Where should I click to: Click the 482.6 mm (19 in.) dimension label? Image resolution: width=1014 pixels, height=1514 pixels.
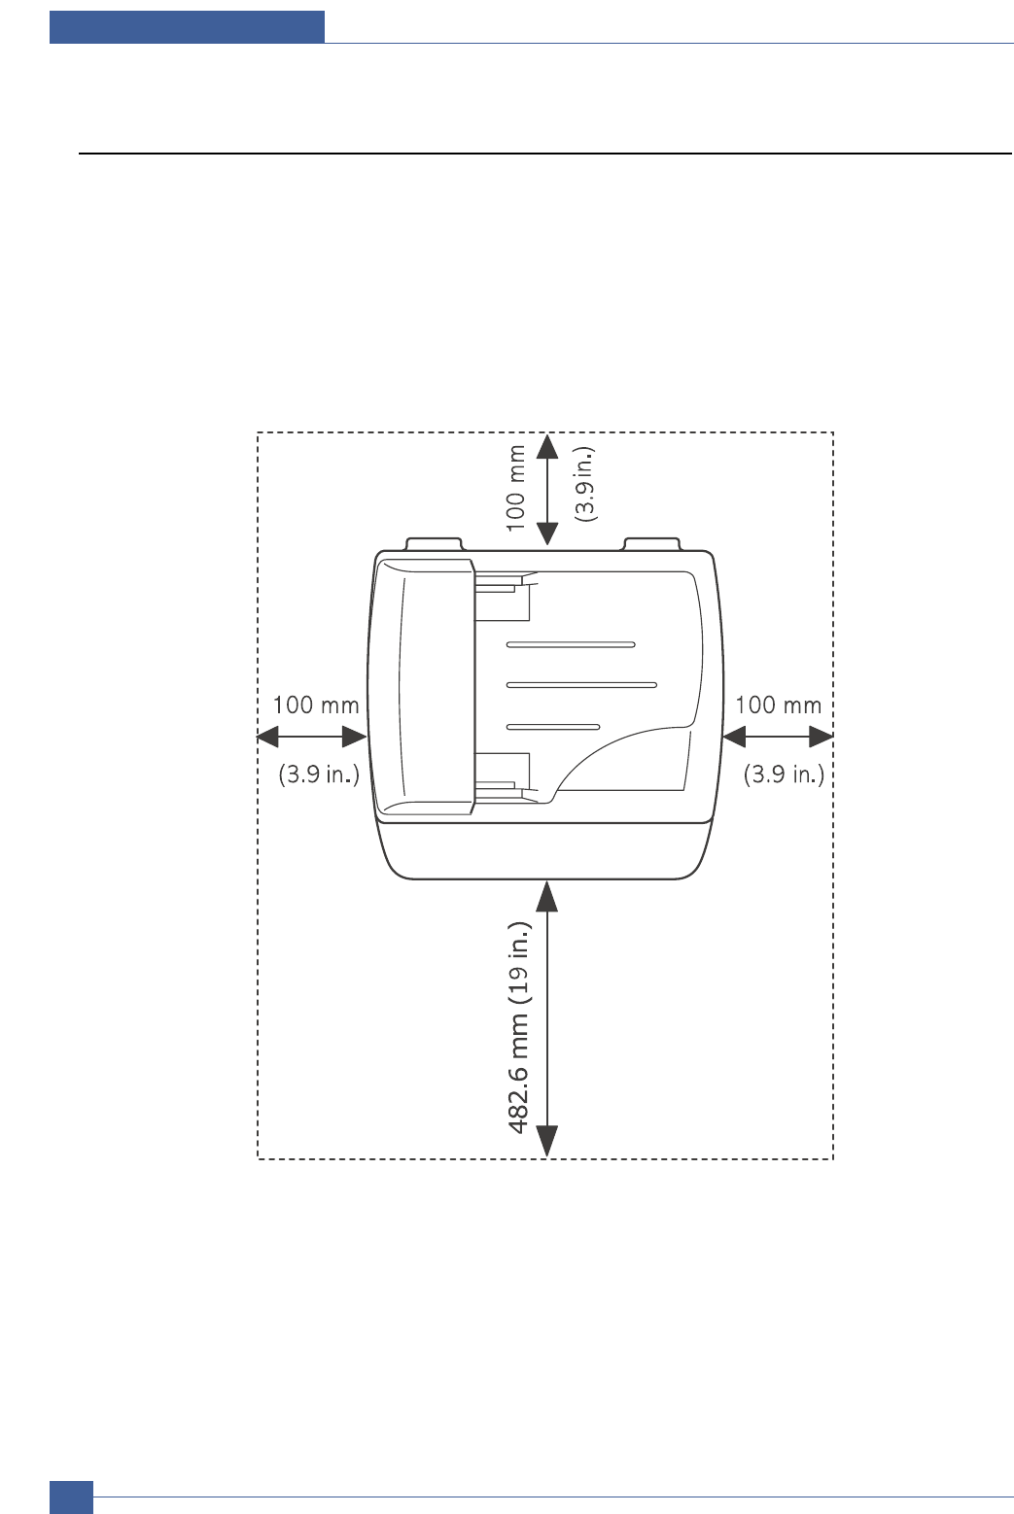pos(519,1027)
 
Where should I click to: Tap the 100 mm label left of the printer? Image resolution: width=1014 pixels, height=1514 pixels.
pos(315,705)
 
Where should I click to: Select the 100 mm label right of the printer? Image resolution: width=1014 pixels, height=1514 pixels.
pos(778,705)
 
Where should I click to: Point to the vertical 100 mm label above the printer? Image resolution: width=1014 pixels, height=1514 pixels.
pos(516,488)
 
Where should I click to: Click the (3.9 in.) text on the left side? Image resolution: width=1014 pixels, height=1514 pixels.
pos(319,774)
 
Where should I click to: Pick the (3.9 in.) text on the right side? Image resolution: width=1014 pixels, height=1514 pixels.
pos(784,774)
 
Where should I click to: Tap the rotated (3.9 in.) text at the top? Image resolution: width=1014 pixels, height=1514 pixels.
pos(585,485)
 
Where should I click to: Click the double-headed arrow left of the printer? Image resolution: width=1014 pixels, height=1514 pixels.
pos(311,738)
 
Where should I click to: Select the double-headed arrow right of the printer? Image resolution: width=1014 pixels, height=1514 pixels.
pos(778,738)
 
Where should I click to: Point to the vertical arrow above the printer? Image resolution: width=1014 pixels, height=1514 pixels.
pos(547,489)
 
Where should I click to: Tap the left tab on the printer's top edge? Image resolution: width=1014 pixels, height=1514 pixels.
pos(434,543)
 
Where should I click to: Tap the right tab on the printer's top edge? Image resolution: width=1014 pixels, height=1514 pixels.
pos(651,543)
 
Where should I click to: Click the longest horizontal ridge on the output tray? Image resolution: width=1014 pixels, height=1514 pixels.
pos(581,685)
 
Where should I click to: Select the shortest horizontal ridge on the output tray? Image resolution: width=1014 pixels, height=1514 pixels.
pos(553,727)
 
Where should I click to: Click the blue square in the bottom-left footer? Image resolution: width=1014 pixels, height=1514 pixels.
pos(71,1497)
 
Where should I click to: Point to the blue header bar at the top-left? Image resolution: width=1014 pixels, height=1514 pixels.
pos(187,27)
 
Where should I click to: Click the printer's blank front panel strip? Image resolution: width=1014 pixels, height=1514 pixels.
pos(544,849)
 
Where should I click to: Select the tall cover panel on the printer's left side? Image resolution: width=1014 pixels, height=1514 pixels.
pos(425,685)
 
